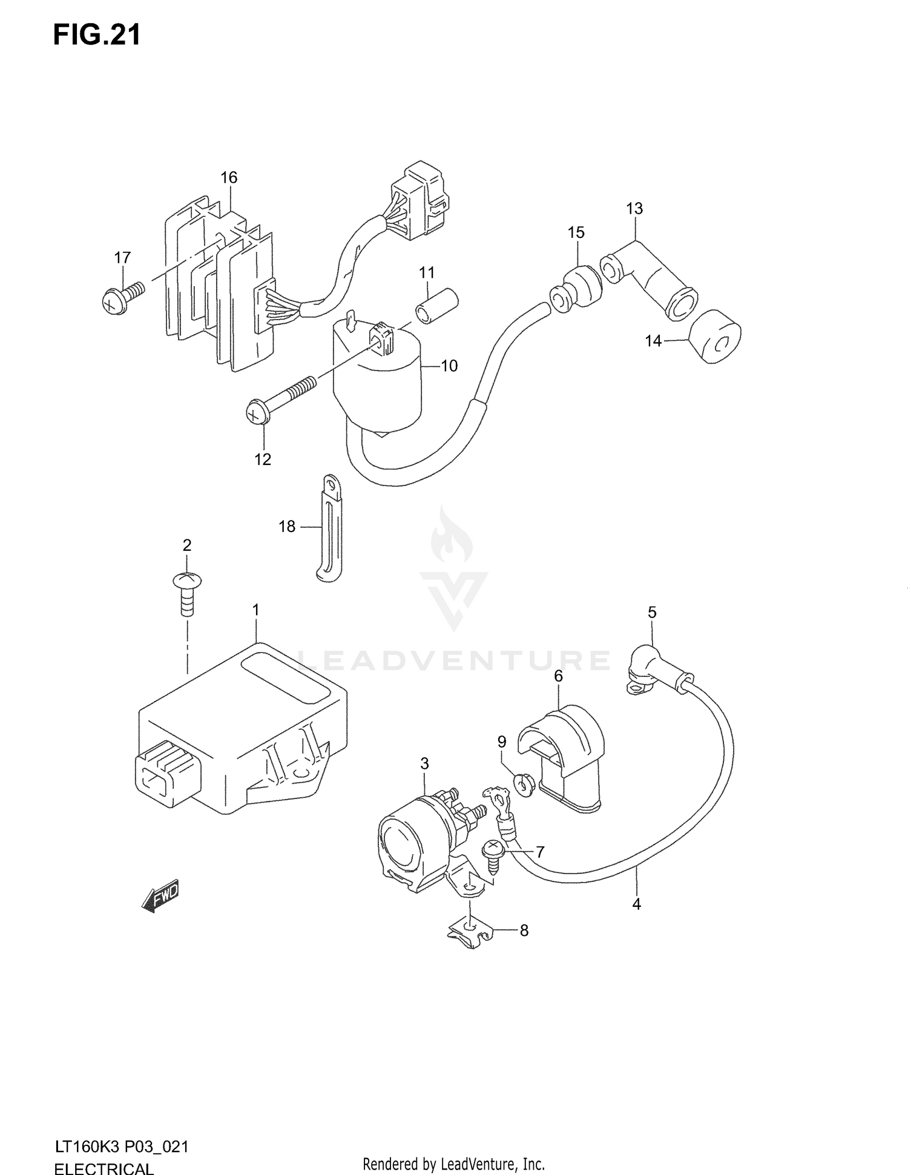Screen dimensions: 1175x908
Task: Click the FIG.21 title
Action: [x=97, y=35]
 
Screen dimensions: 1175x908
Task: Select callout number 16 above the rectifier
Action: [x=229, y=177]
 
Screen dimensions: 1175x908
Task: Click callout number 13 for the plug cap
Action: [x=634, y=209]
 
